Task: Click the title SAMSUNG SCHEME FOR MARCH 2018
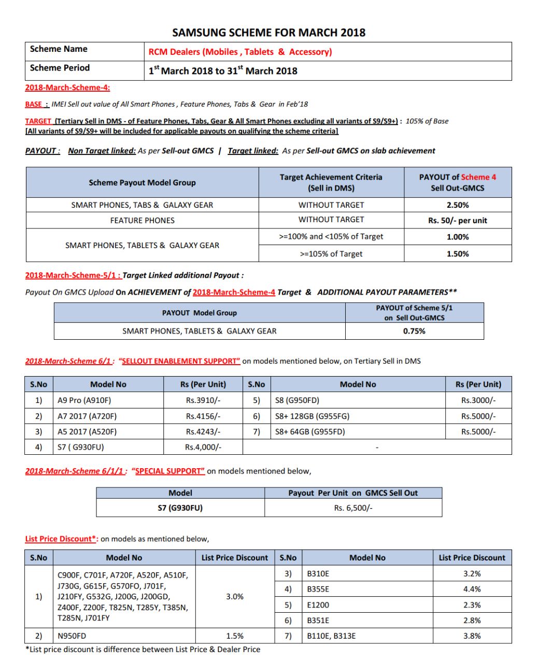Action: coord(268,33)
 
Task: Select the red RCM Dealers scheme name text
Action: coord(240,52)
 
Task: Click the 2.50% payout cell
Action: coord(457,205)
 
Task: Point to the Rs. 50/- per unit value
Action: coord(457,221)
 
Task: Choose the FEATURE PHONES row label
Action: coord(142,221)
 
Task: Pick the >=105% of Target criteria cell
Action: coord(331,254)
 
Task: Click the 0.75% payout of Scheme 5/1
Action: coord(414,331)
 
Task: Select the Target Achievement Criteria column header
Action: coord(331,182)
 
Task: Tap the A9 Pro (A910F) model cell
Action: coord(84,400)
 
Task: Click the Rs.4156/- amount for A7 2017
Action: coord(203,416)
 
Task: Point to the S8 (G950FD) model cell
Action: coord(297,400)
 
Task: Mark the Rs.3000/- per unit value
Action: coord(478,400)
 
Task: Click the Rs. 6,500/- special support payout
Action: coord(353,508)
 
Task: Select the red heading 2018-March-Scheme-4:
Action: coord(67,88)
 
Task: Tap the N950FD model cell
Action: coord(72,636)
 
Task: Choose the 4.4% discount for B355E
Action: coord(472,589)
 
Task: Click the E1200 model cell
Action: coord(318,604)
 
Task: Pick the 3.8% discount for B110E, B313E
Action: coord(472,636)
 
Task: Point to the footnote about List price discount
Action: coord(143,650)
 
